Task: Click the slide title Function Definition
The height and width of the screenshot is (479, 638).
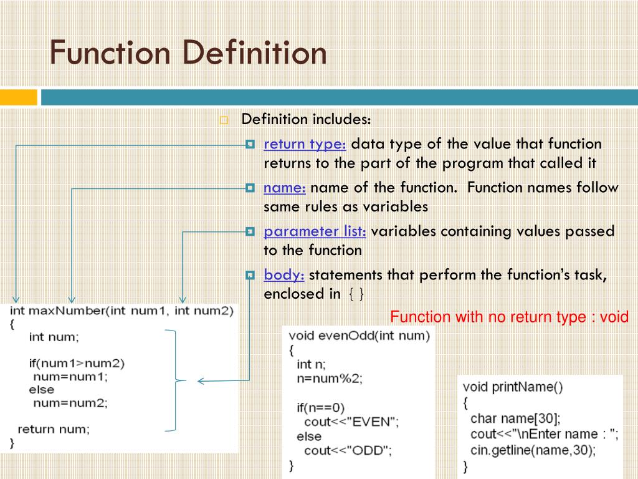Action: click(188, 52)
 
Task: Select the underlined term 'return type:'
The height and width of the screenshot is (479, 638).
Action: click(305, 144)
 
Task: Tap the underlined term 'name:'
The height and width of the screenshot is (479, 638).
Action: click(284, 188)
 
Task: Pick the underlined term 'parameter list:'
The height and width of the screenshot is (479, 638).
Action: click(315, 231)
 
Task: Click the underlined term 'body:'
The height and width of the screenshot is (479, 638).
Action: click(283, 275)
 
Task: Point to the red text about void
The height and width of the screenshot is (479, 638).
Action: click(510, 317)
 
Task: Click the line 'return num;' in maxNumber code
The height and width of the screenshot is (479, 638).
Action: click(54, 429)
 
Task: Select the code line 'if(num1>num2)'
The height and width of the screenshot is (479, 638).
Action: click(77, 363)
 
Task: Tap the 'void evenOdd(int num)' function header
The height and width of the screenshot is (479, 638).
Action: click(359, 336)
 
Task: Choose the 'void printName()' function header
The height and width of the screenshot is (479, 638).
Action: click(513, 387)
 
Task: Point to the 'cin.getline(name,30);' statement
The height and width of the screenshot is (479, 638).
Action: click(533, 449)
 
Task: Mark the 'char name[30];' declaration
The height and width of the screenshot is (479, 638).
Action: click(515, 418)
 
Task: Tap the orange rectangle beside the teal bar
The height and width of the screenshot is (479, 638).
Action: click(18, 97)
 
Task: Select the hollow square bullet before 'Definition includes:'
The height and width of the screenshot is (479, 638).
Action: click(224, 120)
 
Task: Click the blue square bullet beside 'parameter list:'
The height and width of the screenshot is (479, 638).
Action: click(250, 231)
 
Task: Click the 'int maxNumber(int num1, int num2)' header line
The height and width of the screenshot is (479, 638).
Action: click(121, 311)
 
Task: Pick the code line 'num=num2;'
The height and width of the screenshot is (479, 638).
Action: click(70, 403)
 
